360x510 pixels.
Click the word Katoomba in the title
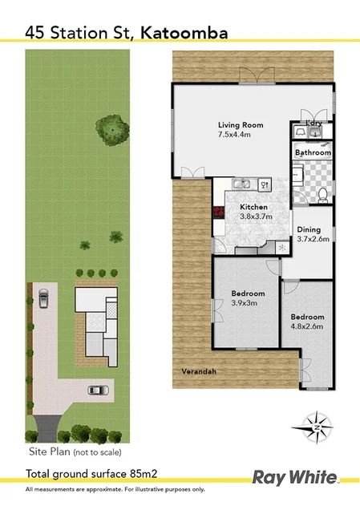(184, 32)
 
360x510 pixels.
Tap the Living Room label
(241, 125)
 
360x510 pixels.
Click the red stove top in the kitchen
(217, 212)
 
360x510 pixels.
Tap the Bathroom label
(313, 152)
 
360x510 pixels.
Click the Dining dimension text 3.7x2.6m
(313, 238)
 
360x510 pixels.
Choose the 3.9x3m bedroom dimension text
(247, 303)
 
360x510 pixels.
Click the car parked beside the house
(43, 299)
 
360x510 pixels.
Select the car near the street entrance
(98, 391)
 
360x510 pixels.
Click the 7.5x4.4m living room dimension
(241, 135)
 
